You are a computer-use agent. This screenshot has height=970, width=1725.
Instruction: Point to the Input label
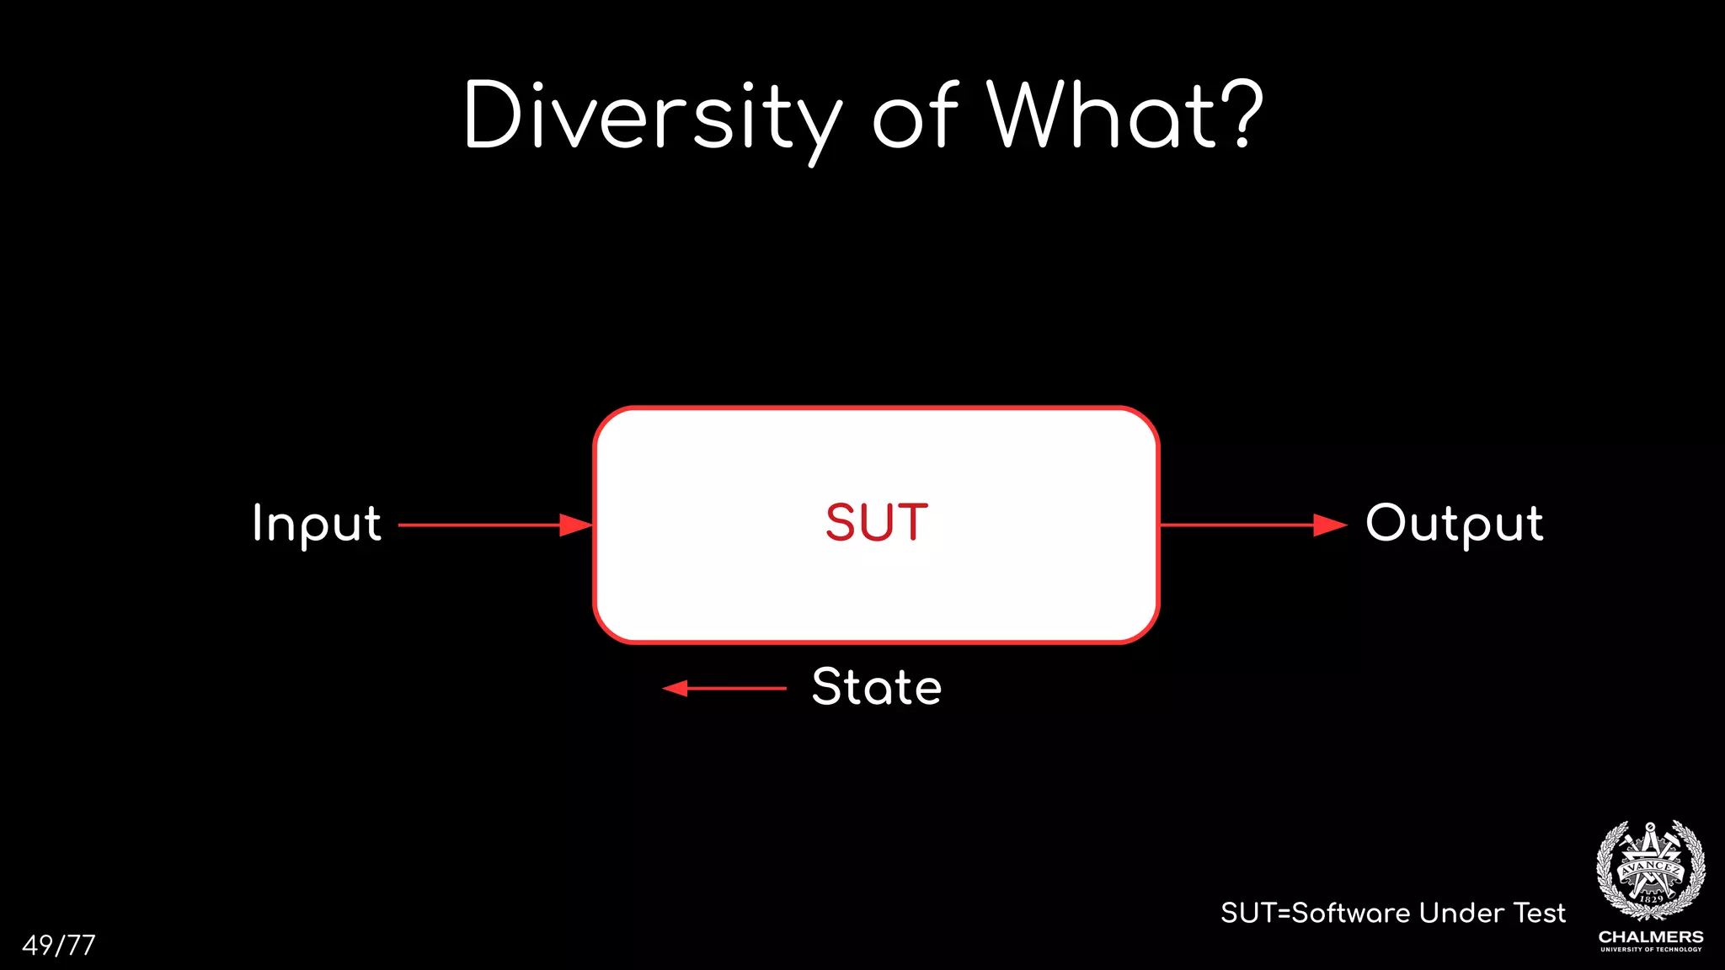[317, 524]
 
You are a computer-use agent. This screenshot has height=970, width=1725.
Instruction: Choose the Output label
[1455, 524]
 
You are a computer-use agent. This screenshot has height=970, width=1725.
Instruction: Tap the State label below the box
[877, 687]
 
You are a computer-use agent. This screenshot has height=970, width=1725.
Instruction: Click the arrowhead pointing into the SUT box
[577, 525]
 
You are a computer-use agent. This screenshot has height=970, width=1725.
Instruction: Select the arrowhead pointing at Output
[1331, 525]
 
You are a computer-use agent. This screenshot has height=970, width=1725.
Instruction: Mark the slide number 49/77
[59, 945]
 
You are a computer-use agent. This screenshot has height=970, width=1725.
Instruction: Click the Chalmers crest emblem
[1651, 871]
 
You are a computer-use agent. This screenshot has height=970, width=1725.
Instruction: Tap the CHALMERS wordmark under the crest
[1651, 936]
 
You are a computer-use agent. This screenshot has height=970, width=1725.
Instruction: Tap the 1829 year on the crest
[1652, 899]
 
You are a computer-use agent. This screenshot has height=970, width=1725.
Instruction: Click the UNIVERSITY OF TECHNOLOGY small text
[1651, 950]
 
